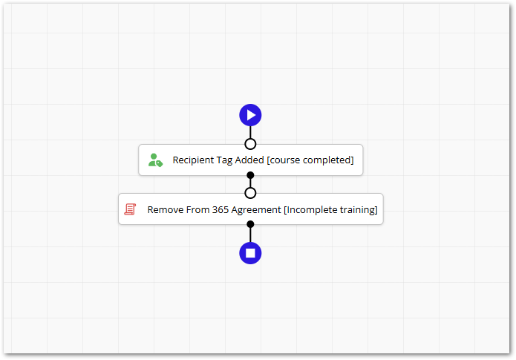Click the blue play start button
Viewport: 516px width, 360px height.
tap(250, 115)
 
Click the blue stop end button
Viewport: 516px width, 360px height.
tap(250, 253)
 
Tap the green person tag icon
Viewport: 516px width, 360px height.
tap(155, 160)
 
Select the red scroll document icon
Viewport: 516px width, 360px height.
tap(130, 209)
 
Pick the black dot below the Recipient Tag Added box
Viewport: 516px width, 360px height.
tap(250, 175)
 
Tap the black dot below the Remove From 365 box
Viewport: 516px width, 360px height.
tap(250, 224)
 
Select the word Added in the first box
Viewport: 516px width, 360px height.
tap(249, 160)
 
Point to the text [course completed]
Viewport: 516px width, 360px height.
tap(310, 160)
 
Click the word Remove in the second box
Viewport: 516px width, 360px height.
tap(166, 209)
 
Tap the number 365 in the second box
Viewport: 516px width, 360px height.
tap(221, 209)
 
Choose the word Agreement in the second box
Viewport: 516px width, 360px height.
tap(256, 210)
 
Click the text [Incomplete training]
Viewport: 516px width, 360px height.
tap(330, 210)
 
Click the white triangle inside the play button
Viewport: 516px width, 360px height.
tap(252, 115)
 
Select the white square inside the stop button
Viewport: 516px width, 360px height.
tap(250, 253)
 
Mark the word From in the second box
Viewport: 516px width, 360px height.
tap(197, 209)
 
